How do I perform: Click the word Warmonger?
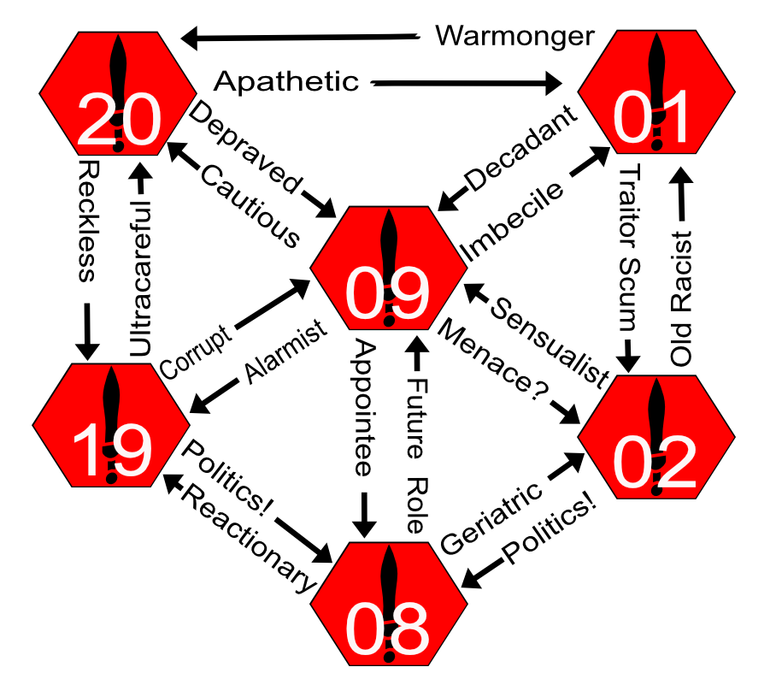pos(514,36)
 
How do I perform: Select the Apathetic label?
pos(285,82)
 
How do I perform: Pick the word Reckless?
pos(86,219)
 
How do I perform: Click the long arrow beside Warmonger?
pos(303,37)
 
